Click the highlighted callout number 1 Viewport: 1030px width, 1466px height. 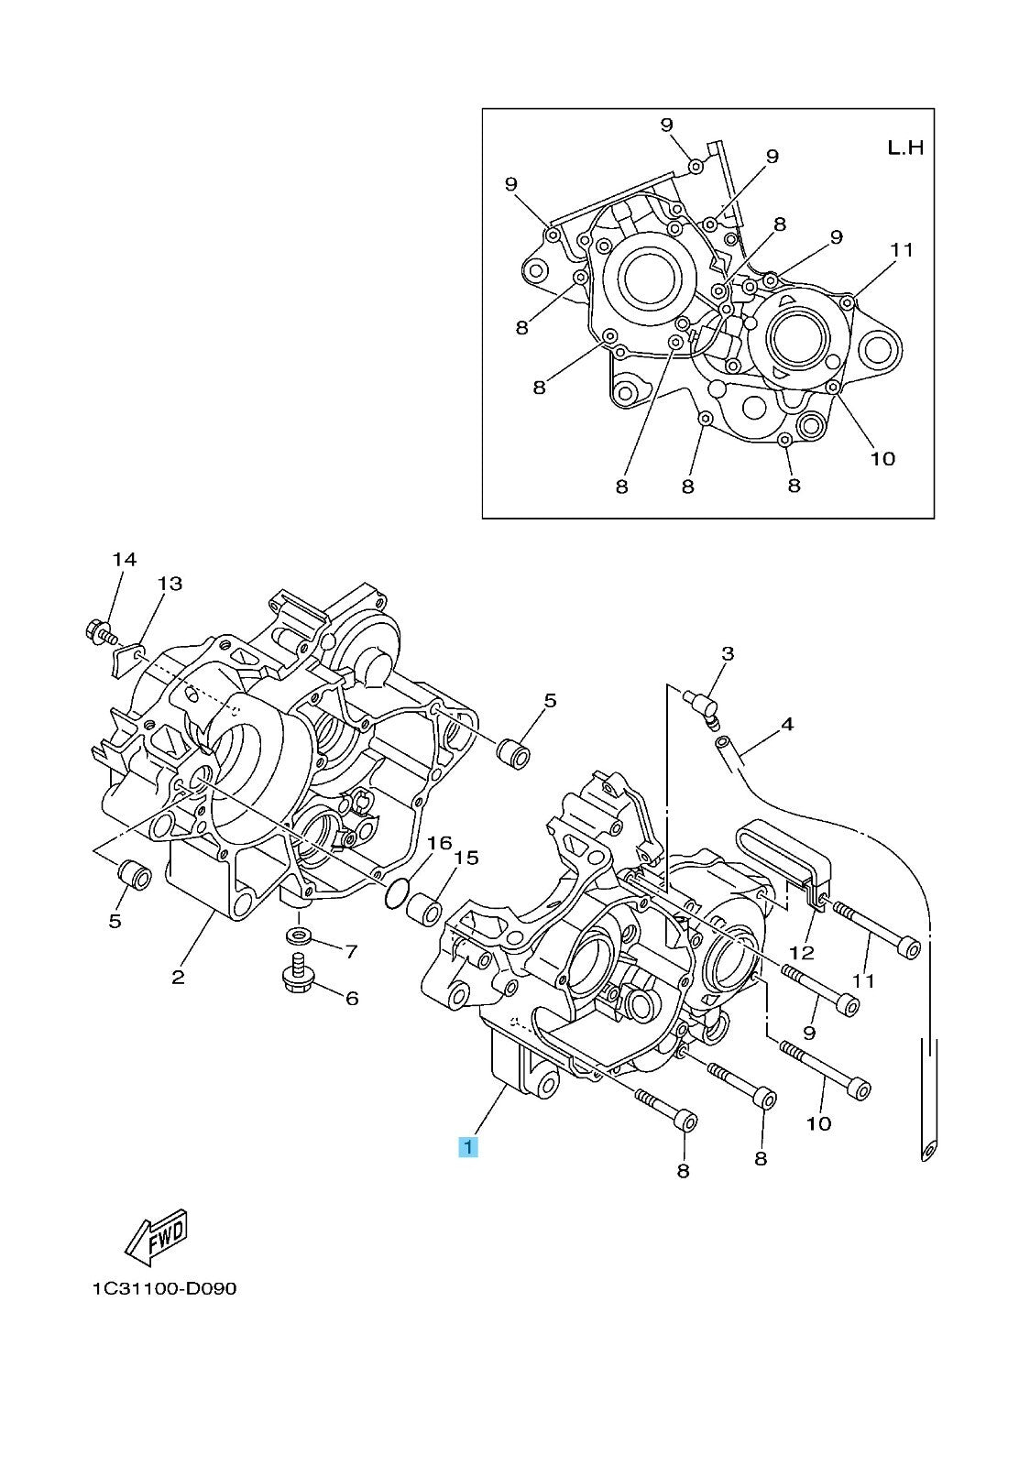pos(468,1146)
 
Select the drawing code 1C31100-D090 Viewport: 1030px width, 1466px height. pos(163,1288)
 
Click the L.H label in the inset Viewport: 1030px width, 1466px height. pos(905,147)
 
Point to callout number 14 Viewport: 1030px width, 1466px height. pos(125,559)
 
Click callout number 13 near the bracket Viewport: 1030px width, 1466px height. pos(170,583)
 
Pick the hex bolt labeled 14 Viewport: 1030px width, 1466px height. pos(95,630)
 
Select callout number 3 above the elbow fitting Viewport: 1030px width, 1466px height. pos(728,653)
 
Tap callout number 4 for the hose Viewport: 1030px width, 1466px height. pos(786,724)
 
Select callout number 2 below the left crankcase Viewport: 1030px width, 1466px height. pos(178,977)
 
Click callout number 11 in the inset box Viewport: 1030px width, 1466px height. pos(902,249)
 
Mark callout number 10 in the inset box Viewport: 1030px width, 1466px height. pos(882,458)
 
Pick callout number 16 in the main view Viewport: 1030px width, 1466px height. pos(440,842)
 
